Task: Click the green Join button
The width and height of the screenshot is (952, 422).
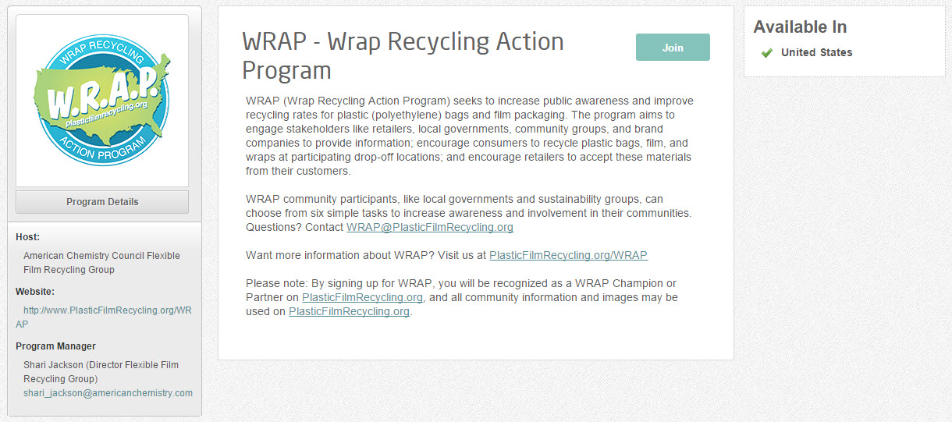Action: (x=673, y=47)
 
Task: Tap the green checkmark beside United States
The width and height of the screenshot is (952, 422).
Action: (x=767, y=53)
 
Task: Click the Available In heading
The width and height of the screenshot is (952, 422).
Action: (x=800, y=27)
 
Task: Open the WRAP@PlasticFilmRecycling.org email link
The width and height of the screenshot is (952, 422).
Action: (x=430, y=227)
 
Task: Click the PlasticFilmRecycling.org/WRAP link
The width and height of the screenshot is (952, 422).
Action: (x=568, y=255)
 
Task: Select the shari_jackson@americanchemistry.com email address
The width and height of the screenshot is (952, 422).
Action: (x=108, y=393)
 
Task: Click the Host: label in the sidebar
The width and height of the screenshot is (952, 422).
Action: (x=27, y=237)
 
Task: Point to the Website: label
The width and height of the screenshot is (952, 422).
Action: (x=35, y=292)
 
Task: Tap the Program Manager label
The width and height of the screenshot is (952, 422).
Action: (x=55, y=346)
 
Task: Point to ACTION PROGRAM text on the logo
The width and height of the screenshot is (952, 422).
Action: (x=102, y=149)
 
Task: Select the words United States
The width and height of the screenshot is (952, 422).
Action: (x=816, y=53)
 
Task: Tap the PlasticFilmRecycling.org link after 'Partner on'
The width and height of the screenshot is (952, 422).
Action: (x=363, y=297)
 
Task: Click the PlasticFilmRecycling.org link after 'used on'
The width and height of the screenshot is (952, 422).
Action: (x=350, y=311)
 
